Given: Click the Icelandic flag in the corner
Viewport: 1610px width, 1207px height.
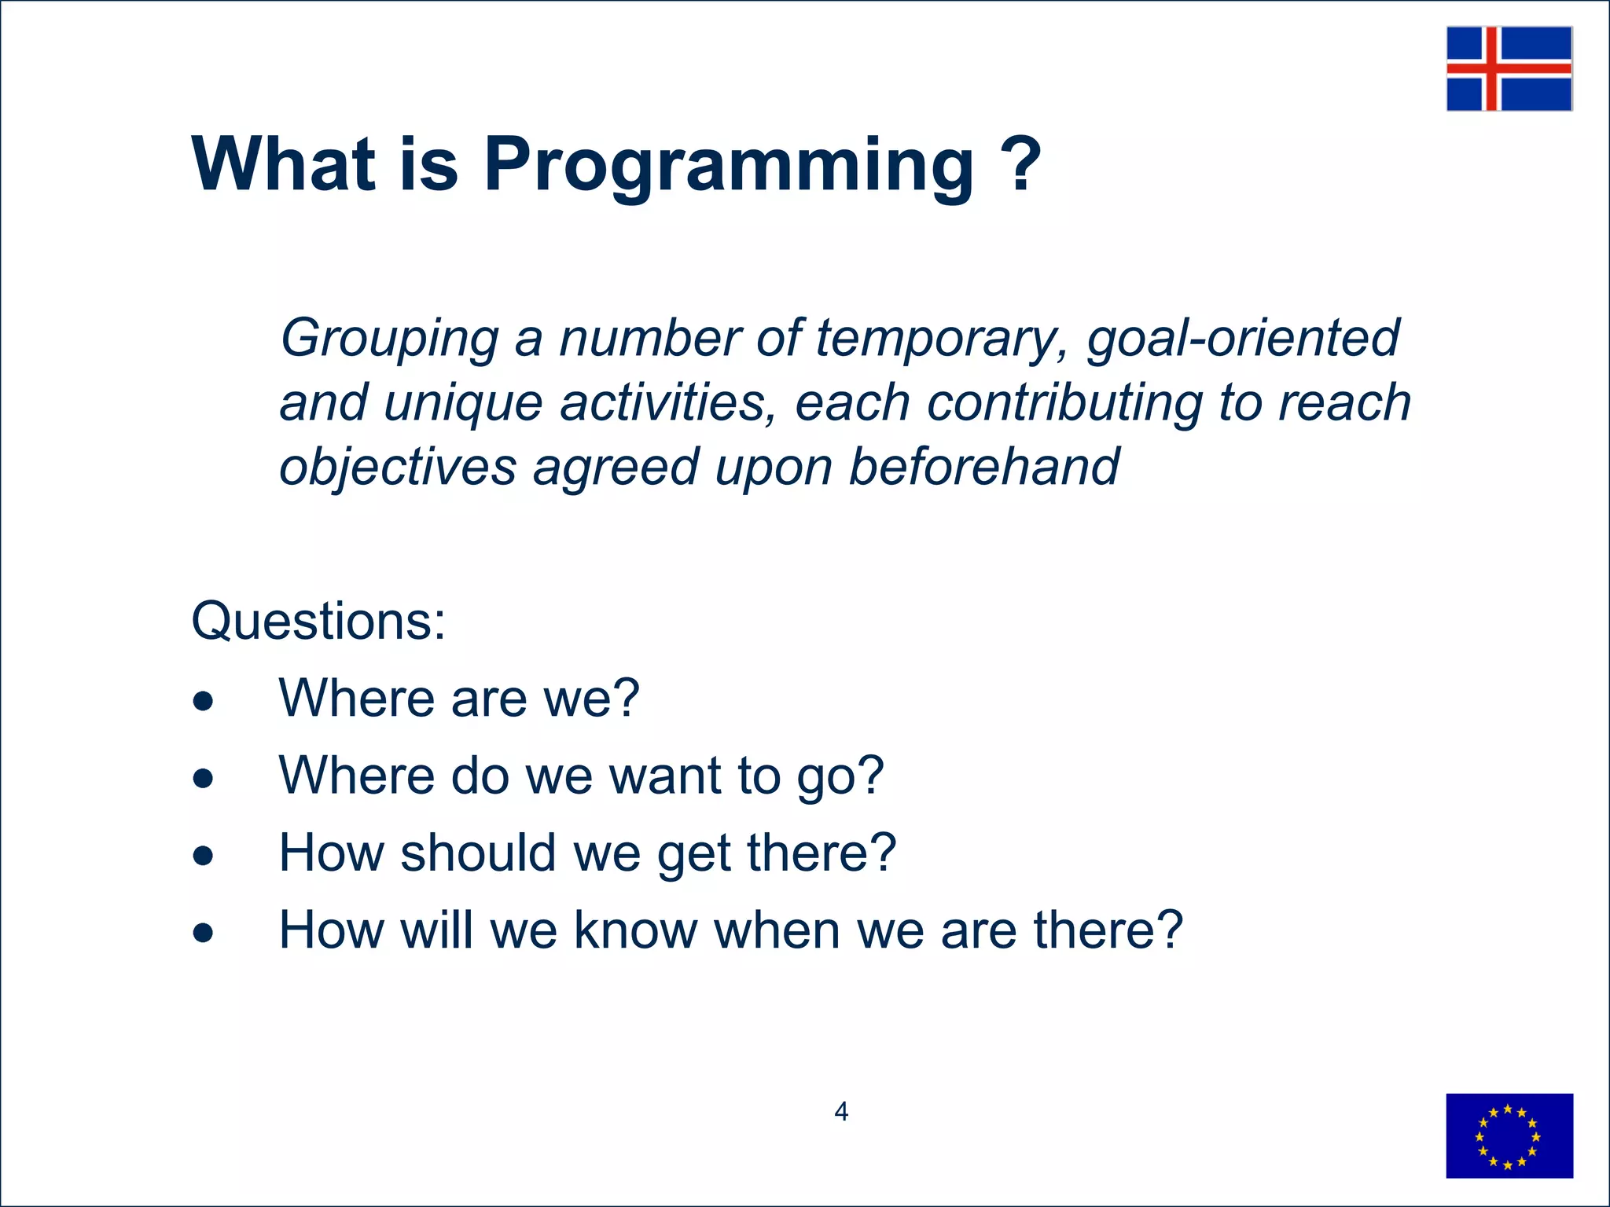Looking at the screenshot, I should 1509,68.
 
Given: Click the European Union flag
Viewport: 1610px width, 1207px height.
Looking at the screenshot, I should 1509,1135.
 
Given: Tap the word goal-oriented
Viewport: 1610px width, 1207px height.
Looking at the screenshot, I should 1243,338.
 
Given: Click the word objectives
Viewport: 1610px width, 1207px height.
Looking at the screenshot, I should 398,468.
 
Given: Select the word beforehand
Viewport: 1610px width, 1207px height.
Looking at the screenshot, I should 984,466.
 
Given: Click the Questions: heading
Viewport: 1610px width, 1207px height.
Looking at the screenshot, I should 318,621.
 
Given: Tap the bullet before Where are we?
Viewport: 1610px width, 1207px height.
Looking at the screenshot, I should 203,700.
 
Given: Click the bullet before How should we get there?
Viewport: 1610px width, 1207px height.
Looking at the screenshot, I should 203,855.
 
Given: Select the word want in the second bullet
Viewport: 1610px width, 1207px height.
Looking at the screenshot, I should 665,776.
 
